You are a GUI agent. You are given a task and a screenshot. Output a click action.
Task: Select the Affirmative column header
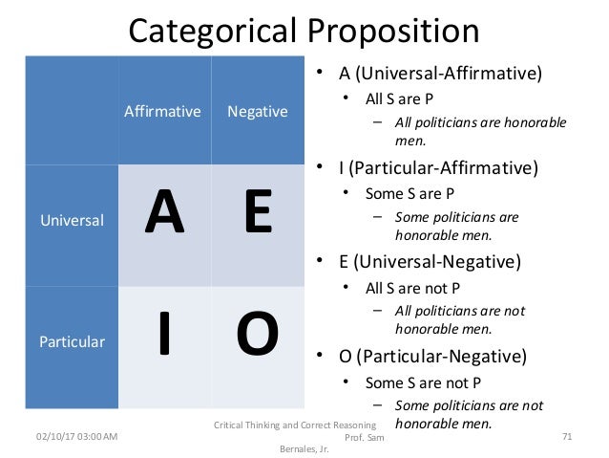click(x=162, y=112)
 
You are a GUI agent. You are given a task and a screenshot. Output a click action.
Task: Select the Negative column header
click(x=257, y=112)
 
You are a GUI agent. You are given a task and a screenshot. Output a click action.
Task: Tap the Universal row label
click(x=72, y=220)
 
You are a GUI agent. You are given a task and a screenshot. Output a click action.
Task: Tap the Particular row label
click(x=72, y=340)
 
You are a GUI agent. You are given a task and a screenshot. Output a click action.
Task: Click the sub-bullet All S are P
click(x=400, y=98)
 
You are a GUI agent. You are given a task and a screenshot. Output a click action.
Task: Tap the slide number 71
click(x=567, y=436)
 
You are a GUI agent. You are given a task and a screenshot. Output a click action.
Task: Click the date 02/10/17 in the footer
click(x=52, y=436)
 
